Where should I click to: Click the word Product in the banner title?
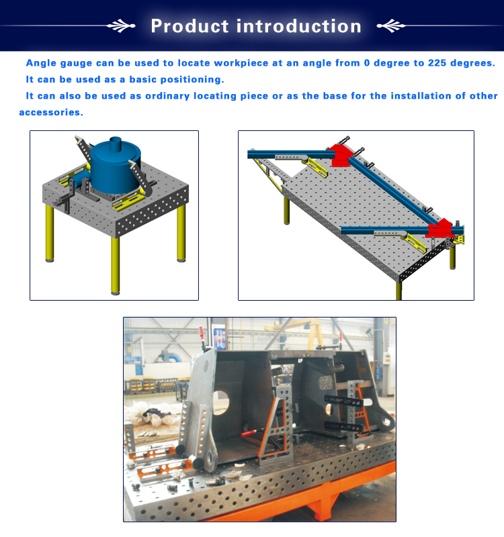190,26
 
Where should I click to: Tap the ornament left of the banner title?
121,26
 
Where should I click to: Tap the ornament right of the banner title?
391,26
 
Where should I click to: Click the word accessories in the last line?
51,112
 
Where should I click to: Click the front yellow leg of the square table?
116,265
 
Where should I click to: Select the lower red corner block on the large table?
441,228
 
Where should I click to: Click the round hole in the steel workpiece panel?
221,400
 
